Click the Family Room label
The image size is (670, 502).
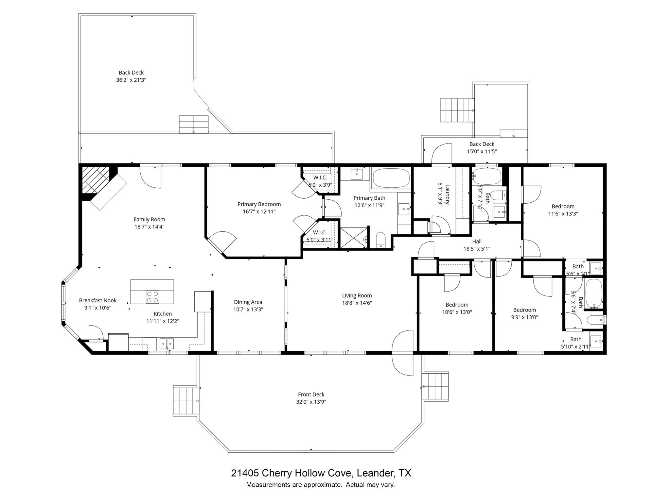point(149,219)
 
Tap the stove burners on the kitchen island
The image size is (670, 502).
point(152,297)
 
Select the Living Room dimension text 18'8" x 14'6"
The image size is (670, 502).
point(357,303)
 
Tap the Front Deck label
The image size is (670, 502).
point(311,394)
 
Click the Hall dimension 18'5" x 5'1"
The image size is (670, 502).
point(477,249)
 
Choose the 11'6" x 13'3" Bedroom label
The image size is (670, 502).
point(563,206)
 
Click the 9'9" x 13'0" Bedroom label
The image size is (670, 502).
point(524,310)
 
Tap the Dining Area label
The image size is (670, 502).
point(248,302)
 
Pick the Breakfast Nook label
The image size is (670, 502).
point(98,300)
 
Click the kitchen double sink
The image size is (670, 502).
point(167,343)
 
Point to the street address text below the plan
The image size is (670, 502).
point(321,473)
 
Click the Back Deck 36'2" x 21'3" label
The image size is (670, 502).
point(131,73)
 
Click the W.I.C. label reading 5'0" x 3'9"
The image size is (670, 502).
point(320,177)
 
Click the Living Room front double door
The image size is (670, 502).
point(402,353)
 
